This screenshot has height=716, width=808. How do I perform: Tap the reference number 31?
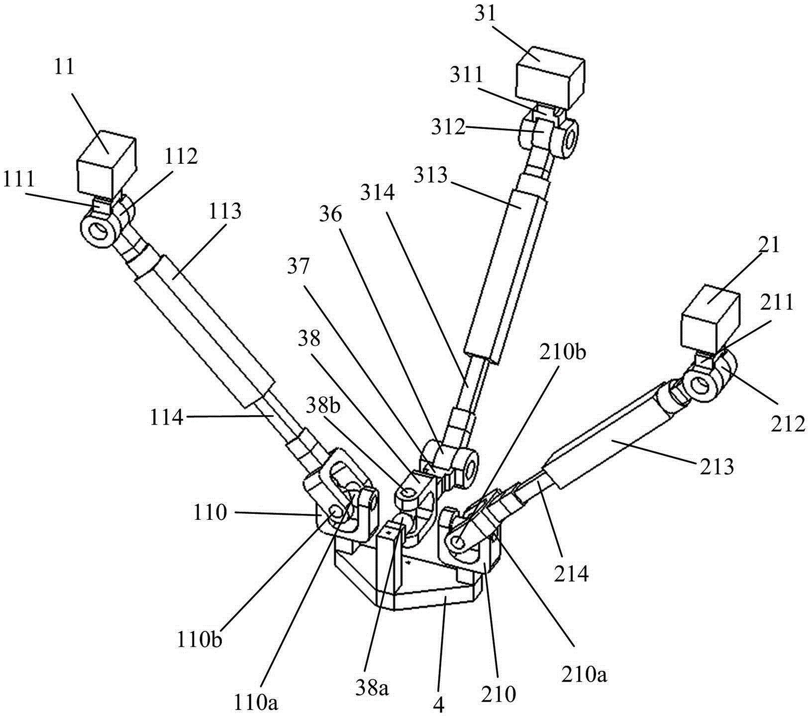point(485,13)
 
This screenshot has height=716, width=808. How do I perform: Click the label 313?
point(431,175)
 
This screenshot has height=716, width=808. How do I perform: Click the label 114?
point(167,417)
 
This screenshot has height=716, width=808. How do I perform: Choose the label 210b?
point(569,352)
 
